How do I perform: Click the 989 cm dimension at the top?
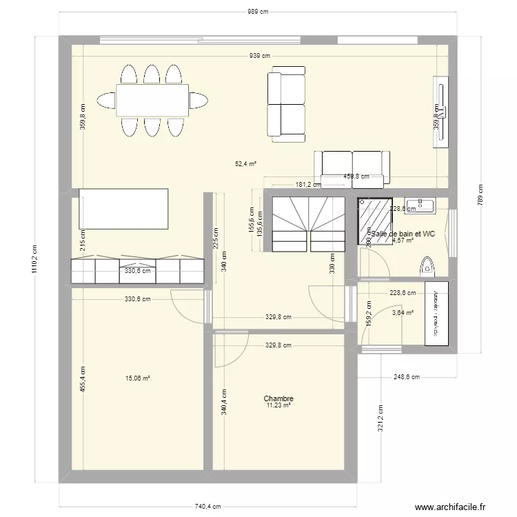coord(258,12)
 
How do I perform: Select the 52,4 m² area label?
coord(245,164)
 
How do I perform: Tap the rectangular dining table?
coord(152,100)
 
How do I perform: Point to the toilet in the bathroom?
coord(427,265)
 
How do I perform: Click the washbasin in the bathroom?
coord(418,204)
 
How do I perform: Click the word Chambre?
coord(278,398)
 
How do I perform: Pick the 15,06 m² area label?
coord(138,378)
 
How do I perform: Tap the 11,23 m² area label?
coord(278,406)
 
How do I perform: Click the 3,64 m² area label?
coord(403,313)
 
